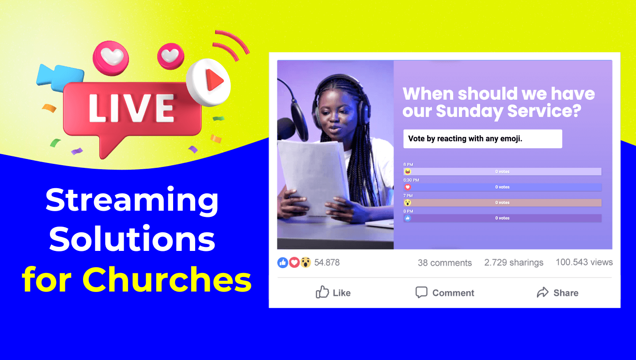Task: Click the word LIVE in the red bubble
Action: (132, 108)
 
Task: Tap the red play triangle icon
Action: (215, 81)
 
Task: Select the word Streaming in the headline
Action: (132, 200)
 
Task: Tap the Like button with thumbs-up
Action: (333, 292)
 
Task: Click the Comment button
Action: (445, 292)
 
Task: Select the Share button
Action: (557, 292)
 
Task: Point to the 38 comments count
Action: (444, 263)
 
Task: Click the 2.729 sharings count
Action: (514, 262)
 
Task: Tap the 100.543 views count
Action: (584, 262)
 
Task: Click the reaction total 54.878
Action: (326, 262)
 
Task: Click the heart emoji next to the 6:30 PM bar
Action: (407, 187)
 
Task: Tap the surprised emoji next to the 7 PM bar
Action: (407, 203)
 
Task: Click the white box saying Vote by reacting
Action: (482, 139)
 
